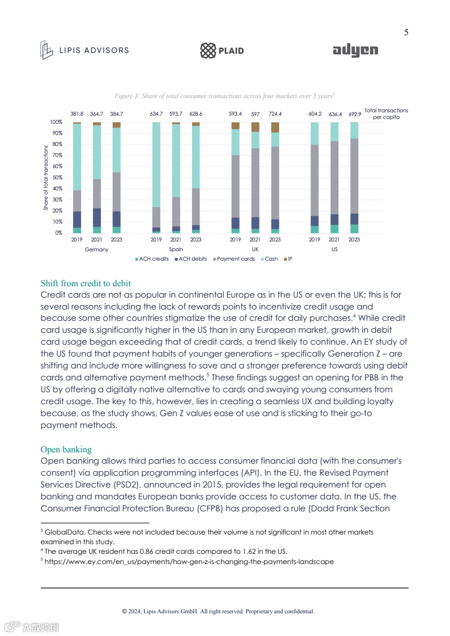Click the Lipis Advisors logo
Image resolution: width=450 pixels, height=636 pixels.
[84, 50]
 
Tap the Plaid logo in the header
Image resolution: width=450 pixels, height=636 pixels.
[222, 50]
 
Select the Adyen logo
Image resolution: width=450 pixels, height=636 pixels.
[355, 50]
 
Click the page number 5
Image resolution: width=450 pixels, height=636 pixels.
[406, 32]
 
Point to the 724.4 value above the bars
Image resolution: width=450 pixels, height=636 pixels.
[275, 114]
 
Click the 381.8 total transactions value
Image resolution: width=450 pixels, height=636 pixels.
[77, 114]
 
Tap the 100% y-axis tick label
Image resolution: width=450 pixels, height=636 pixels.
[56, 122]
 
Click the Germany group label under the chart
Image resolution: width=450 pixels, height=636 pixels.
[96, 249]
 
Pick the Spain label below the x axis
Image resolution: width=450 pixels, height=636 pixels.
[176, 249]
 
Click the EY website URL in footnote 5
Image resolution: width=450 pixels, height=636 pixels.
[190, 562]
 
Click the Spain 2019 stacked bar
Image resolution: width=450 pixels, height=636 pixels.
[156, 177]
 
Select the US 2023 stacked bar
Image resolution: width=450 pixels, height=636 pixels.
[354, 177]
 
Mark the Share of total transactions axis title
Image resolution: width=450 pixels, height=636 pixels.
[46, 178]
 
